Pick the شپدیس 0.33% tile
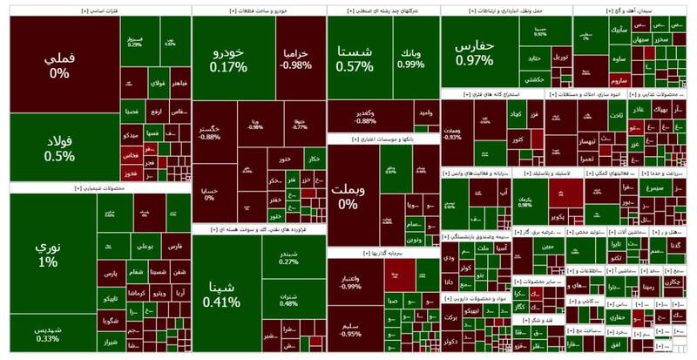[x=47, y=336]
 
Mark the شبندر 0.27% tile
[x=288, y=256]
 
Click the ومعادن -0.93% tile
[x=452, y=132]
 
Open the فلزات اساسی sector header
[x=63, y=10]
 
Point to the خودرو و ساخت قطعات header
[x=256, y=10]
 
